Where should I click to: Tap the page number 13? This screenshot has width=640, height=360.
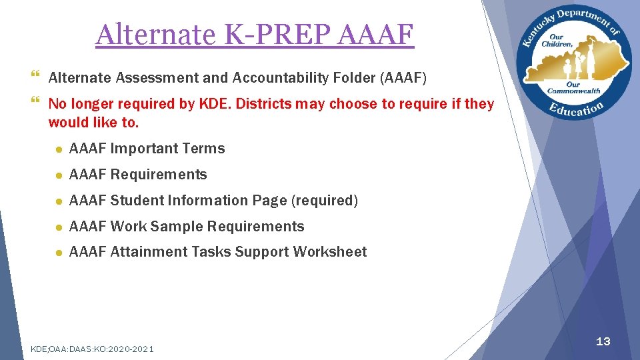(x=603, y=342)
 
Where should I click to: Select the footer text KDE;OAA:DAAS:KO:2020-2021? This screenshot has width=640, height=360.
(x=93, y=349)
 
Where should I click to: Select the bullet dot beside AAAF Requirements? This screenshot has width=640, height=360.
(x=59, y=175)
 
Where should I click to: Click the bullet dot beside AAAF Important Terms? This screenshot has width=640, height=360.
(x=59, y=149)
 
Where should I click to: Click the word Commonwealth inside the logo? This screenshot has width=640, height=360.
(x=573, y=91)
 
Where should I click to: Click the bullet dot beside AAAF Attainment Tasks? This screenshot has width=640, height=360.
(x=59, y=253)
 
